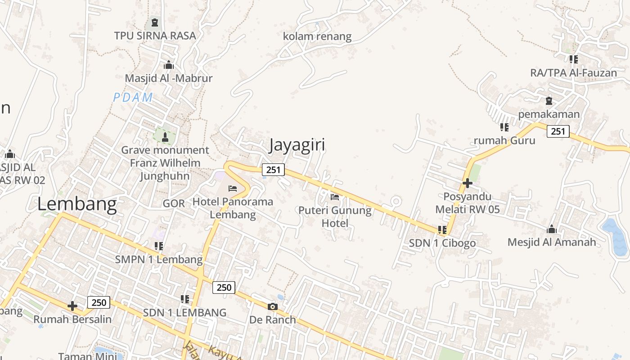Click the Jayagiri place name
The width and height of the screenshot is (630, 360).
click(297, 145)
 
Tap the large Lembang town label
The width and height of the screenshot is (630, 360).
click(77, 204)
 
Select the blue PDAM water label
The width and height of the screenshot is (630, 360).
click(133, 97)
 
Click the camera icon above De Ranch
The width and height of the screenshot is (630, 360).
click(272, 307)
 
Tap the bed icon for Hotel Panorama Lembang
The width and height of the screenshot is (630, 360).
click(233, 188)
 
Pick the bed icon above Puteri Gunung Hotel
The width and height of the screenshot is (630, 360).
click(335, 197)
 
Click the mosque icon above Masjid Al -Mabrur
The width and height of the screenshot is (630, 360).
click(169, 65)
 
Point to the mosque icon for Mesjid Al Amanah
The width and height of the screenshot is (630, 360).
click(552, 229)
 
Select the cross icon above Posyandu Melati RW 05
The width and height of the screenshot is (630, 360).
click(467, 183)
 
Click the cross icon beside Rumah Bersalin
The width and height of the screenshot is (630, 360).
click(72, 306)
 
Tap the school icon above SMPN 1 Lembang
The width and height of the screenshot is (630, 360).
click(158, 246)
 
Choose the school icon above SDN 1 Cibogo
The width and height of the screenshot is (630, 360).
click(442, 230)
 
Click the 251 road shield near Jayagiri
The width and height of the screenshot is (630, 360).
click(273, 170)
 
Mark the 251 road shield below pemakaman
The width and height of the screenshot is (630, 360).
click(558, 131)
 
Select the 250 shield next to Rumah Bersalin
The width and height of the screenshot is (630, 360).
click(99, 302)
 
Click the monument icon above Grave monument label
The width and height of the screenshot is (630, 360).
click(165, 137)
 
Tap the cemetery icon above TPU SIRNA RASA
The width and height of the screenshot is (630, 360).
click(155, 22)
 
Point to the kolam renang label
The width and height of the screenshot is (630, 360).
click(317, 36)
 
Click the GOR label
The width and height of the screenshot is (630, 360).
click(174, 203)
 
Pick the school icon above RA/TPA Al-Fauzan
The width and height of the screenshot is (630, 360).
click(573, 59)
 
